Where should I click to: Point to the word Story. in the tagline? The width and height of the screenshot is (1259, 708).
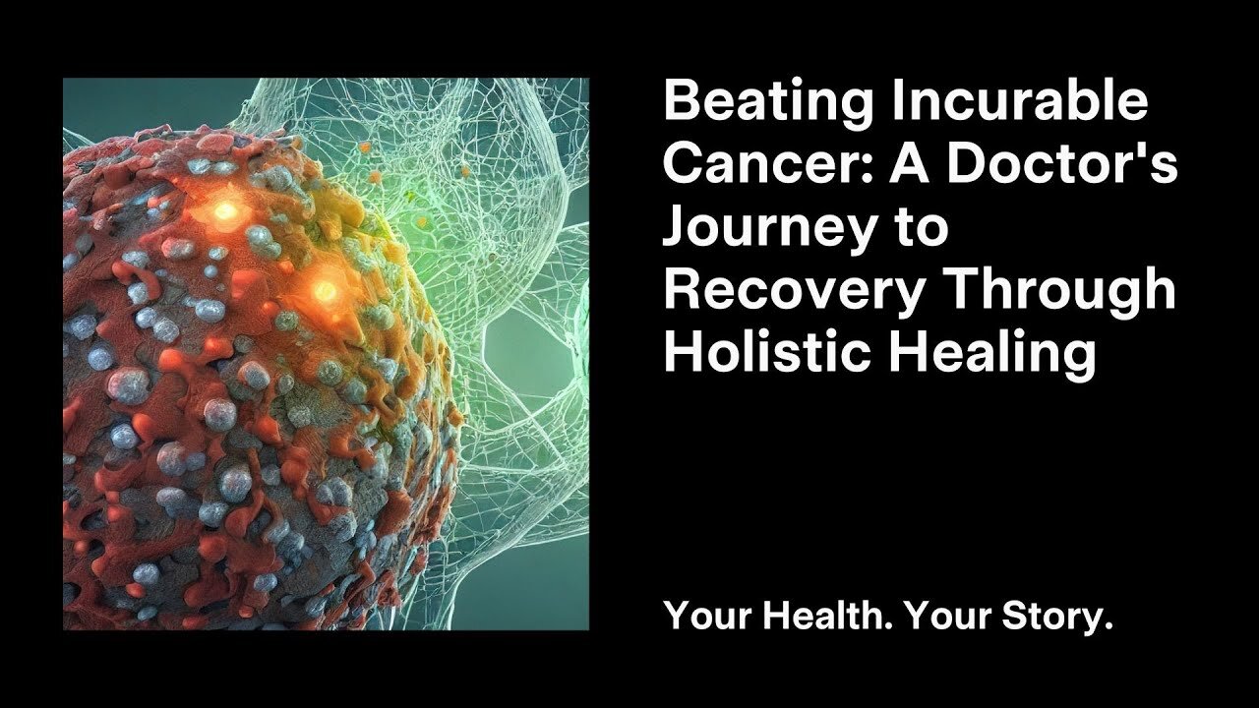tap(1055, 618)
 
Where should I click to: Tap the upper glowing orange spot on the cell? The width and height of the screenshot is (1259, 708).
tap(225, 210)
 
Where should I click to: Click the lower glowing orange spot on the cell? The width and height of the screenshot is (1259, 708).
tap(325, 290)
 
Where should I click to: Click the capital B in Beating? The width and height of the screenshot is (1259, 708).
tap(681, 102)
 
